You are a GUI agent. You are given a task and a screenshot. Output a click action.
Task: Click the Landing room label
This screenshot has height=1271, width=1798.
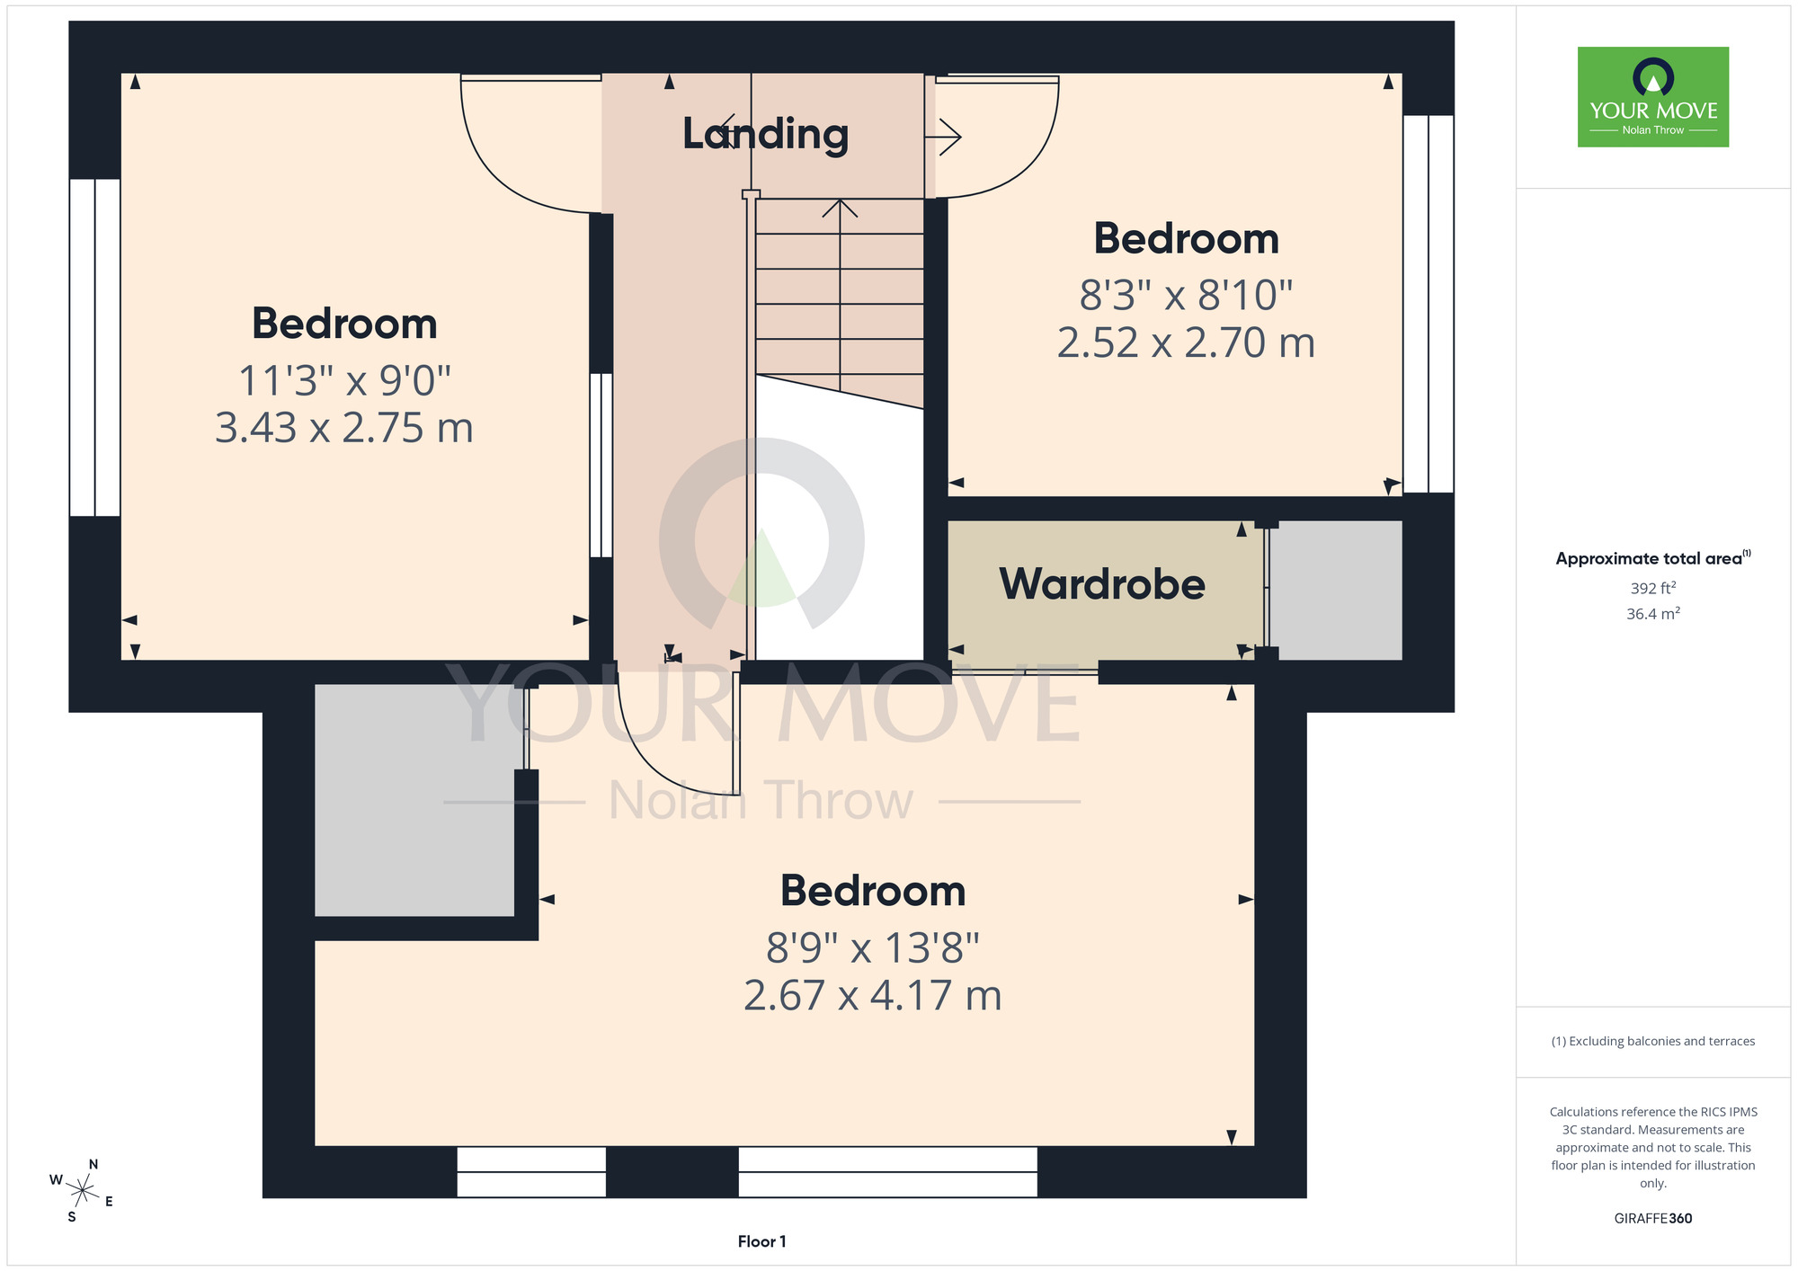coord(765,134)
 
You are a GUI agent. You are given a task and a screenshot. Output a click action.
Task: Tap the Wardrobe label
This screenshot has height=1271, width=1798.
coord(1102,584)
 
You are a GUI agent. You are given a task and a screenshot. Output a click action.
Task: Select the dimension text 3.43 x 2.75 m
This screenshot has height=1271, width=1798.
coord(344,428)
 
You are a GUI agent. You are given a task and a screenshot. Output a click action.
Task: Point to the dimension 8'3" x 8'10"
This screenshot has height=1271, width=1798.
coord(1186,295)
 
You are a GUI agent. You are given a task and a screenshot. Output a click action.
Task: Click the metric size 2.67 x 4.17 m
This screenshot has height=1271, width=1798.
coord(873,996)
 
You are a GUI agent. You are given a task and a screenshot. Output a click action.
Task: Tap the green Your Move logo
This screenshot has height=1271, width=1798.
coord(1653,97)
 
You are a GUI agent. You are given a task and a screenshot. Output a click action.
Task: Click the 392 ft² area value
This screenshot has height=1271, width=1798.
coord(1653,588)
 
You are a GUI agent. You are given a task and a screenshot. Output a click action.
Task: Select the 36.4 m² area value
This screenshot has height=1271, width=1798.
coord(1653,614)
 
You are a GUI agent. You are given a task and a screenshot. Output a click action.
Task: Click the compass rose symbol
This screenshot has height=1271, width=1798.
coord(82,1192)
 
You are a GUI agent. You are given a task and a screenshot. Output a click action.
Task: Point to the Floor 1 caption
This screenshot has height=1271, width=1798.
coord(761,1241)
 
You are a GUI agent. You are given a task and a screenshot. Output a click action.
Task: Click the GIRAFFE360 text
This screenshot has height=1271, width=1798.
coord(1653,1219)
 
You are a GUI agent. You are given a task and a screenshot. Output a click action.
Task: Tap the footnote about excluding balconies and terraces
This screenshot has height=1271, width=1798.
coord(1653,1041)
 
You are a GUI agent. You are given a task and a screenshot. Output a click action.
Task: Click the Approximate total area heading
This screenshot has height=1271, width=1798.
coord(1653,558)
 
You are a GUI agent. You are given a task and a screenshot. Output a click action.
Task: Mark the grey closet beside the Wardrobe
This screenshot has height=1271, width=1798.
coord(1336,591)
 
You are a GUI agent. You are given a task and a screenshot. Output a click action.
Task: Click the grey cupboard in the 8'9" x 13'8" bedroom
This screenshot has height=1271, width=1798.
coord(414,800)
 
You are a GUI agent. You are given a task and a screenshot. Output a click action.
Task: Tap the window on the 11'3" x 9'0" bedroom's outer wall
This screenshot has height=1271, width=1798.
coord(95,348)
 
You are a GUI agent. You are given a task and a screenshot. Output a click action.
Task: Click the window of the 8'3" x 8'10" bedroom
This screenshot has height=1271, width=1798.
coord(1429,304)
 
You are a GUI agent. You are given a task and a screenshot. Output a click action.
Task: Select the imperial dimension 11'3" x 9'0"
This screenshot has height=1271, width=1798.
coord(344,380)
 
